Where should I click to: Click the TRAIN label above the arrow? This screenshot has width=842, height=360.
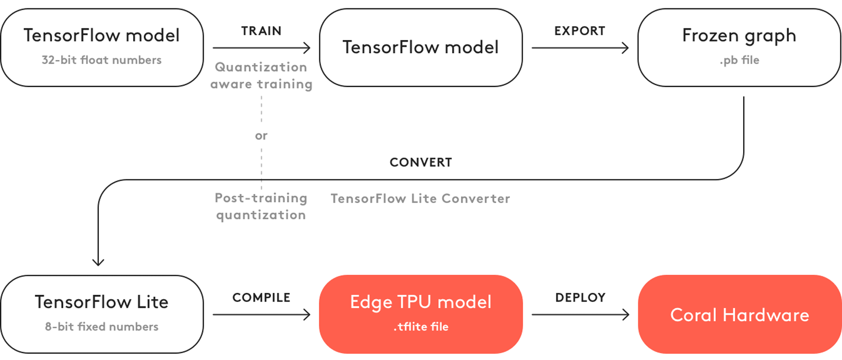261,31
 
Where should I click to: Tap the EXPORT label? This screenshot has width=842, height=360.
579,31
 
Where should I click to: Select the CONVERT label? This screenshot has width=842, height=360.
420,162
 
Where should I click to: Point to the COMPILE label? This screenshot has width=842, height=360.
261,298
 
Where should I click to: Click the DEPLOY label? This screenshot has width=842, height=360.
580,298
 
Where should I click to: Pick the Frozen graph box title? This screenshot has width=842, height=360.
739,36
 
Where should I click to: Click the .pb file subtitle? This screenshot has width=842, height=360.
739,60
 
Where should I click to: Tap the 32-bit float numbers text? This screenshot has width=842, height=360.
102,60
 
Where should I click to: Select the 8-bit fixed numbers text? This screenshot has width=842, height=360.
102,327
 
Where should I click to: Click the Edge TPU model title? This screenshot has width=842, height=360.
420,302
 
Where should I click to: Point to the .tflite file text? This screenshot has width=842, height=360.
420,327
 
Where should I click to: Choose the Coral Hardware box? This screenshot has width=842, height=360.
739,315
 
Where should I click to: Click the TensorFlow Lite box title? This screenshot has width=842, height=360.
102,302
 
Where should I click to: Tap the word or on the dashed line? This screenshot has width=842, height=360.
261,136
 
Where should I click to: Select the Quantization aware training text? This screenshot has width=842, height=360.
261,75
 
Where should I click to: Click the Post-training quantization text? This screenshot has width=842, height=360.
261,206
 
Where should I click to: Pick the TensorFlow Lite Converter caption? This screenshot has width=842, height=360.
420,198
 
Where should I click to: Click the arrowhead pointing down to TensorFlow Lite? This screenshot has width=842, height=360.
98,262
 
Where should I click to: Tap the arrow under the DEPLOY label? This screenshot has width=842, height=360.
580,315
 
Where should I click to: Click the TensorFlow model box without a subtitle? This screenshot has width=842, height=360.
420,47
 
